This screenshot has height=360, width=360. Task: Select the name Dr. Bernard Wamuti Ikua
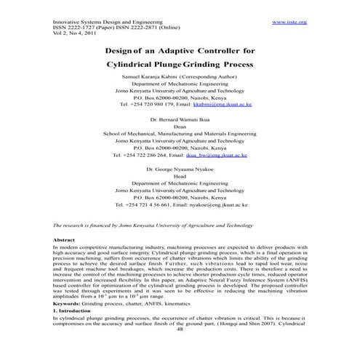[180, 117]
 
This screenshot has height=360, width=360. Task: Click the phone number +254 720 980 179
[152, 104]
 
